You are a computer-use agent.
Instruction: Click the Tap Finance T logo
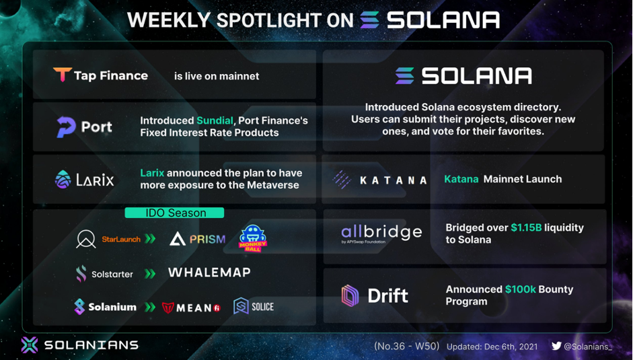(x=62, y=74)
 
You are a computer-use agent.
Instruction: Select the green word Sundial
(x=215, y=120)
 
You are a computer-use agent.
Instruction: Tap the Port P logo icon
(x=66, y=127)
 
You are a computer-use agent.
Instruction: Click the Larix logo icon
(x=63, y=180)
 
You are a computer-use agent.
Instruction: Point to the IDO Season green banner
(x=174, y=213)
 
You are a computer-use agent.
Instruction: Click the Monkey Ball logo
(x=253, y=238)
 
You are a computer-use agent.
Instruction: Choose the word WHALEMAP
(x=209, y=273)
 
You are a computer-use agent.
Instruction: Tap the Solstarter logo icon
(x=81, y=274)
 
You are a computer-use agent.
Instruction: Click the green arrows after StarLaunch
(x=150, y=239)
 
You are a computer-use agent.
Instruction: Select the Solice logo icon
(x=241, y=306)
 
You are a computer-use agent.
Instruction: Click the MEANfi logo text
(x=191, y=308)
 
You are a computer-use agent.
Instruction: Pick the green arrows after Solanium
(x=150, y=307)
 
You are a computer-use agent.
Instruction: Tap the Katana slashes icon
(x=342, y=180)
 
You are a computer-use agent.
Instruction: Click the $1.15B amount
(x=527, y=227)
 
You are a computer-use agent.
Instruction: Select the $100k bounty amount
(x=521, y=289)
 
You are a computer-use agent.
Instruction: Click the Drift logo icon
(x=350, y=296)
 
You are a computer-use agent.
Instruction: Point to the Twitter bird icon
(x=557, y=346)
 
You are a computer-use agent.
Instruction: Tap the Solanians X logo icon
(x=30, y=345)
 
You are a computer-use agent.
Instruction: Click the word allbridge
(x=381, y=231)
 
